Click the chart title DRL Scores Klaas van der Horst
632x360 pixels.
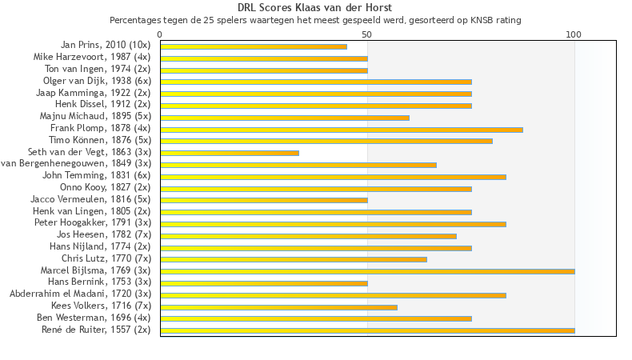[x=315, y=8]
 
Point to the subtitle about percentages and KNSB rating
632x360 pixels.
[x=315, y=20]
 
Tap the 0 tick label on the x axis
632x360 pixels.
[x=160, y=34]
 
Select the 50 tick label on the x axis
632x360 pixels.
[x=367, y=34]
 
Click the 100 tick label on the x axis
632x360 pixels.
[x=574, y=34]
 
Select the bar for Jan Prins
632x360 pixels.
[x=254, y=46]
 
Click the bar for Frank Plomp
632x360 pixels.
[x=342, y=129]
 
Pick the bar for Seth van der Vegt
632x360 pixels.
[x=230, y=153]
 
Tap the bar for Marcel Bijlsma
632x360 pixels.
[x=367, y=271]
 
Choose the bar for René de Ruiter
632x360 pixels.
[x=367, y=330]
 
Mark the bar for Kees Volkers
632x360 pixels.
[x=278, y=306]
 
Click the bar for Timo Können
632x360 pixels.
[x=326, y=141]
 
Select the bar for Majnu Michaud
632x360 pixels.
[x=285, y=118]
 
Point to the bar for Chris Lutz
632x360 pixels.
[x=294, y=259]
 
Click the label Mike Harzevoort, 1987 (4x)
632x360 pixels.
[x=91, y=58]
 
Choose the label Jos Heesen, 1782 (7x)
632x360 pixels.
[x=103, y=235]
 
